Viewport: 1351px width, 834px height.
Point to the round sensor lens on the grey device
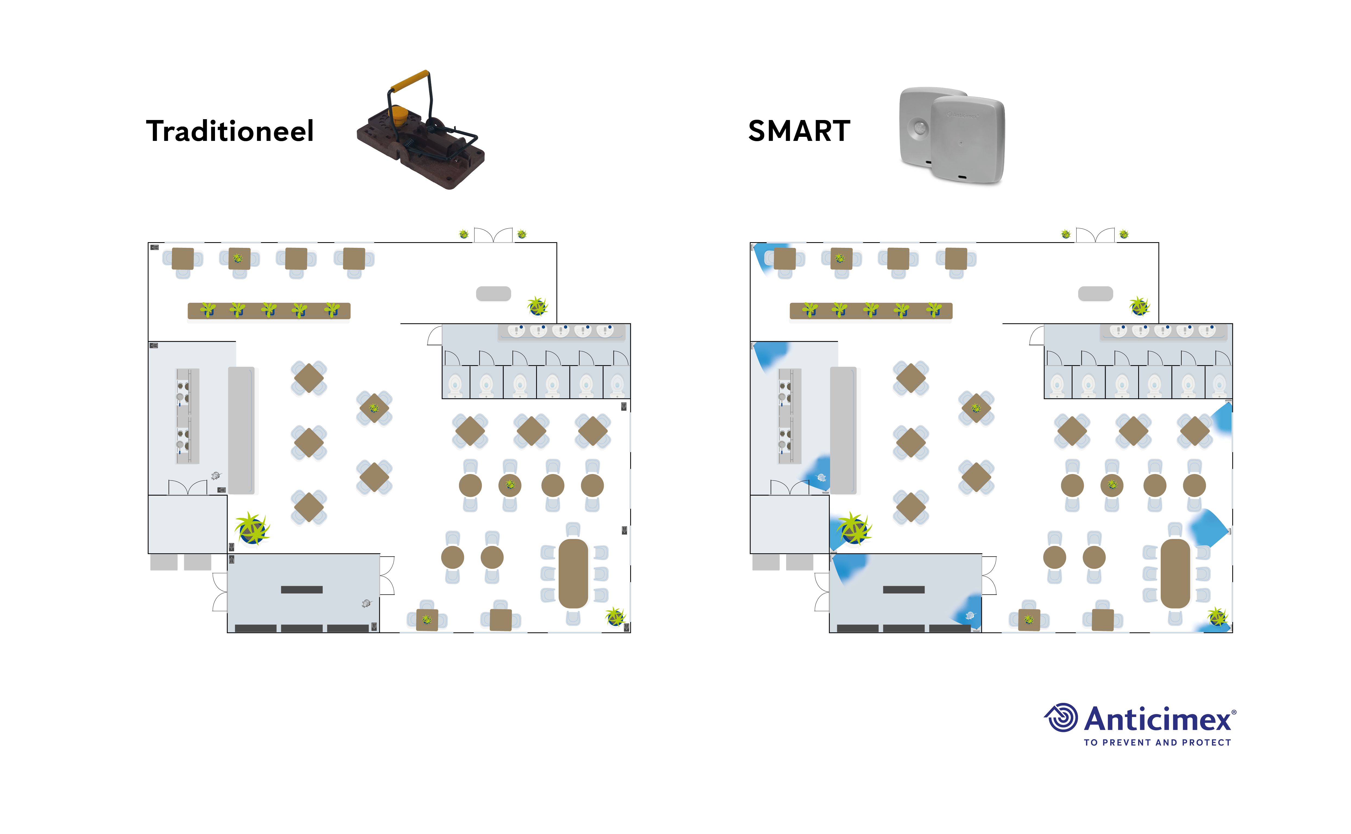pyautogui.click(x=919, y=128)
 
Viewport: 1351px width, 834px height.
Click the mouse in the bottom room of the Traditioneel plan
pyautogui.click(x=366, y=604)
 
